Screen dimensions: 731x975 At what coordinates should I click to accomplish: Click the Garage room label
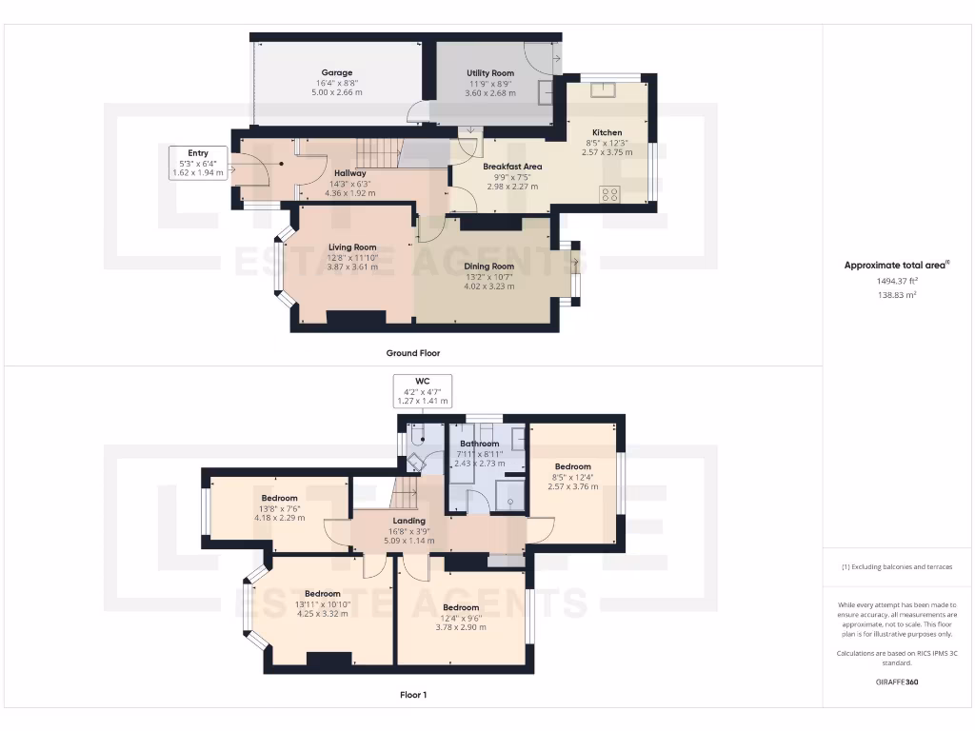336,72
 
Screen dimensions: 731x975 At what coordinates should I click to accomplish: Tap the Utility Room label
490,72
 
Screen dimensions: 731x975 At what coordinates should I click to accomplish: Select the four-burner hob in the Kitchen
609,194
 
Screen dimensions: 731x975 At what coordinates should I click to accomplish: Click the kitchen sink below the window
604,90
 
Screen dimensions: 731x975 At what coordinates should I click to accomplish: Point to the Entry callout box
198,163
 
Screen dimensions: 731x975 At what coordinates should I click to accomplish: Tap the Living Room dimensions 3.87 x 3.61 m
352,267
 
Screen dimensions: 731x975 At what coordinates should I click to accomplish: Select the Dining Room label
488,267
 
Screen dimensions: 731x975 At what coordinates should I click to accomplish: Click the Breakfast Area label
512,167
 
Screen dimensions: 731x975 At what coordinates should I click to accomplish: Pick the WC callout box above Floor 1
423,390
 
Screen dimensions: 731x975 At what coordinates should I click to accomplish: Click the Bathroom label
479,444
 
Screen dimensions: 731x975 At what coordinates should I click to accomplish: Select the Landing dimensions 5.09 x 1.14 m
409,540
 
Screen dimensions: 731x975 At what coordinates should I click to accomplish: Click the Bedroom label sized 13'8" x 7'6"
280,498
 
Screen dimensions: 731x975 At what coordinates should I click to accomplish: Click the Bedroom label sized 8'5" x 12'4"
573,466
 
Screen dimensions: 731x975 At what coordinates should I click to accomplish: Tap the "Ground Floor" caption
412,353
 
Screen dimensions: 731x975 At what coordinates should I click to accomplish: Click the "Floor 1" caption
412,695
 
